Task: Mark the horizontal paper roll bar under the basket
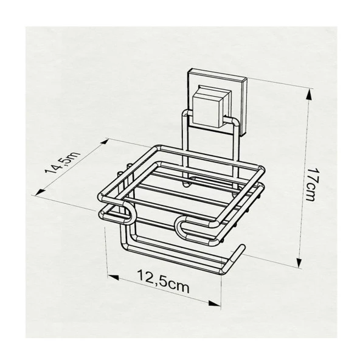176,255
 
